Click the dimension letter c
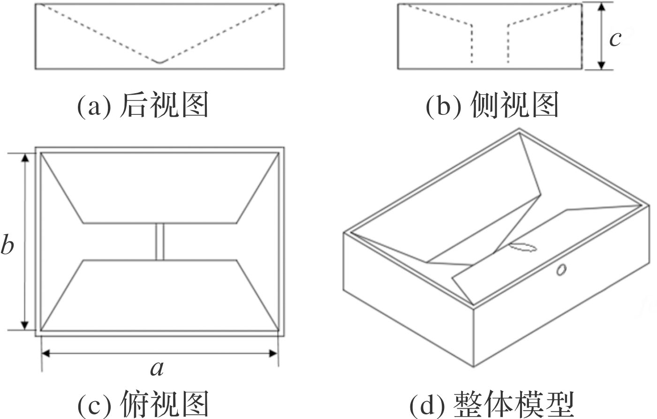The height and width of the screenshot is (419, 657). pyautogui.click(x=615, y=39)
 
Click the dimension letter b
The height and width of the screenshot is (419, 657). pyautogui.click(x=7, y=244)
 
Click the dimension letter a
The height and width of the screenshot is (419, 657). pyautogui.click(x=157, y=368)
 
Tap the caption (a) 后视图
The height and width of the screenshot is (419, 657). pyautogui.click(x=143, y=105)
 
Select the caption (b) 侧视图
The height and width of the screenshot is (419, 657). pyautogui.click(x=492, y=105)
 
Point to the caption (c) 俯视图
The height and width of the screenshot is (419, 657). pyautogui.click(x=143, y=404)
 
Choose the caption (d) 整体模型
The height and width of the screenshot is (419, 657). pyautogui.click(x=491, y=404)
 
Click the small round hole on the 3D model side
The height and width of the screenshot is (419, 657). pyautogui.click(x=561, y=269)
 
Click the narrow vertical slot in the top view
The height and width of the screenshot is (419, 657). pyautogui.click(x=159, y=242)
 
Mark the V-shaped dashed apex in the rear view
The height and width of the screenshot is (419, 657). pyautogui.click(x=159, y=62)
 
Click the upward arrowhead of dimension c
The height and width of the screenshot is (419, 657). pyautogui.click(x=602, y=8)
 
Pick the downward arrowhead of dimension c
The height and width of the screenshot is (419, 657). pyautogui.click(x=602, y=65)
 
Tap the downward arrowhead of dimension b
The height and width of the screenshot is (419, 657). pyautogui.click(x=25, y=324)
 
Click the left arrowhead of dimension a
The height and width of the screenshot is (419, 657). pyautogui.click(x=47, y=353)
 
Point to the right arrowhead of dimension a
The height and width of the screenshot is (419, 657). pyautogui.click(x=273, y=353)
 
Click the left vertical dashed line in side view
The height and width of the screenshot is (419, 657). pyautogui.click(x=471, y=44)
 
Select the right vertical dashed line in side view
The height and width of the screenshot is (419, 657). pyautogui.click(x=508, y=44)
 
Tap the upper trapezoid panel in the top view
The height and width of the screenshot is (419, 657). pyautogui.click(x=159, y=187)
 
